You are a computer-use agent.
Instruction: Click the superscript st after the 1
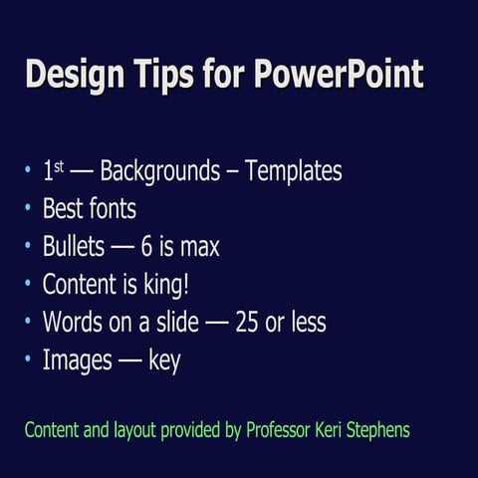[59, 166]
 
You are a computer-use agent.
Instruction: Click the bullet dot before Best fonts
[28, 210]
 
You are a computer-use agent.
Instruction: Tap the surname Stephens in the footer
[379, 430]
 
